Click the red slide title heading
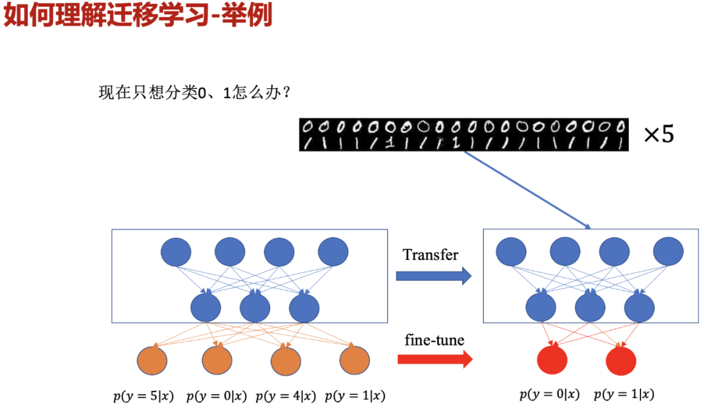138,15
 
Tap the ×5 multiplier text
658,135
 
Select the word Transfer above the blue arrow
431,255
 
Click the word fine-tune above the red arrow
434,340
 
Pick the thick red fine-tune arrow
434,359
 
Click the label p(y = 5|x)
143,396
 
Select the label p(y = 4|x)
285,396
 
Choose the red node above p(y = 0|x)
552,360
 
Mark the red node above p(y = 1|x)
621,360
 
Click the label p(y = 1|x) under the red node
623,394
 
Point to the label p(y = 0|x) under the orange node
216,396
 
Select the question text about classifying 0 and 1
195,93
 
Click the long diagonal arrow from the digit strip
527,190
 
